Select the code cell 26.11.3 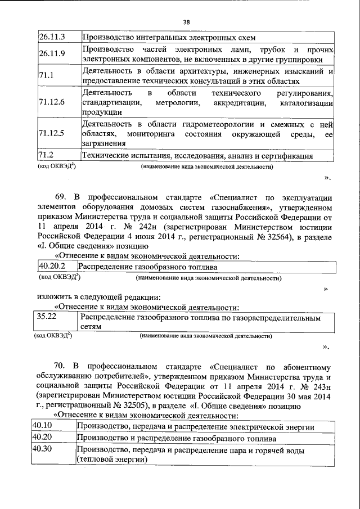tap(52, 38)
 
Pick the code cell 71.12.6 tap(52, 102)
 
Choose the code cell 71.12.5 tap(52, 133)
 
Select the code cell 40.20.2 tap(52, 267)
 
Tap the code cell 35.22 tap(47, 317)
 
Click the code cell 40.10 tap(43, 426)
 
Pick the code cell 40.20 tap(43, 438)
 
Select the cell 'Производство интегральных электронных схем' tap(169, 38)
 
